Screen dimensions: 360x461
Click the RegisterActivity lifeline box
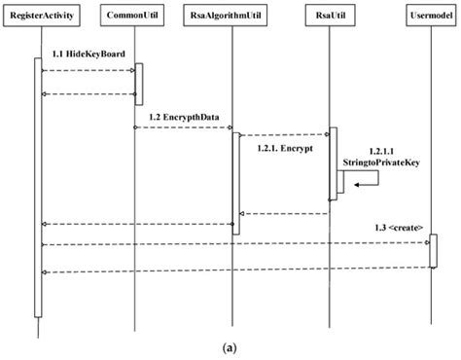tap(40, 17)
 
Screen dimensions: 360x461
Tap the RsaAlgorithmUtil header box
tap(234, 17)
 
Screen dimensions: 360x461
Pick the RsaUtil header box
tap(333, 17)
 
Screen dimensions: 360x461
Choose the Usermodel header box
tap(431, 17)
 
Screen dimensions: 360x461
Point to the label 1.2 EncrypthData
tap(183, 117)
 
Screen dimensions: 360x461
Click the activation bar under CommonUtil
tap(138, 84)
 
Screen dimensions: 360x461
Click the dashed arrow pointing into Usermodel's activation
tap(233, 244)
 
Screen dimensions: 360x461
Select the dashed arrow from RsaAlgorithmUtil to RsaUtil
tap(282, 134)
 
